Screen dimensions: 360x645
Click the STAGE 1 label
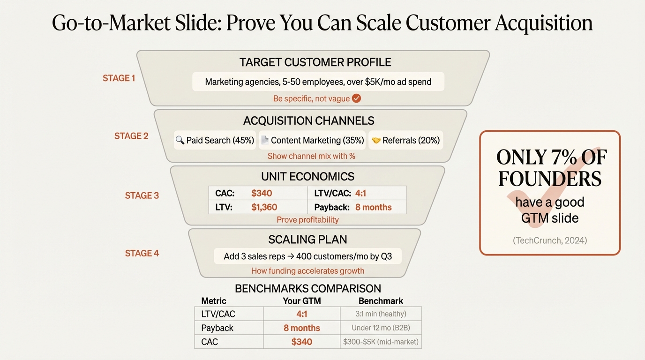[119, 78]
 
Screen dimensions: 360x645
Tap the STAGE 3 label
[142, 195]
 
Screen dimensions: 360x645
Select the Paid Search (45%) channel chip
[215, 140]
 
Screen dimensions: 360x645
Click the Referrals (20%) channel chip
[406, 140]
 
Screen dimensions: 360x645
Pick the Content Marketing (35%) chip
[312, 140]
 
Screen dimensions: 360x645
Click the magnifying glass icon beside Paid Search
[180, 140]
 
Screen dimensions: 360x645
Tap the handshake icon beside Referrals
[376, 140]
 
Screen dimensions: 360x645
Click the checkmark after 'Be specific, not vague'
[356, 98]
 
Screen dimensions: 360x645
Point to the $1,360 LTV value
[264, 207]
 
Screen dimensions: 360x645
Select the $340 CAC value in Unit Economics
[262, 193]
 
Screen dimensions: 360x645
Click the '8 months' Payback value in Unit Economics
[373, 207]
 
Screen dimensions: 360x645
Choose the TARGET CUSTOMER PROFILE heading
[315, 62]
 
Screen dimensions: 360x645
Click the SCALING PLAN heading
[307, 240]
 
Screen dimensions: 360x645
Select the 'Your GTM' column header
[301, 301]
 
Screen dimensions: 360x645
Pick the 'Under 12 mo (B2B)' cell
[380, 328]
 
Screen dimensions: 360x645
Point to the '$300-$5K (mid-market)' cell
[380, 342]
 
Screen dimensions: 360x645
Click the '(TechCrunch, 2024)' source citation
[549, 240]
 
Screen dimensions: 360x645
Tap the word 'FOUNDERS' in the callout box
[549, 179]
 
